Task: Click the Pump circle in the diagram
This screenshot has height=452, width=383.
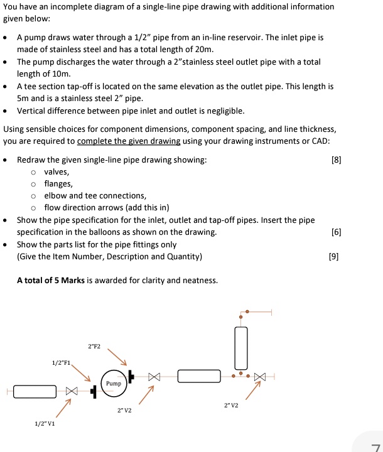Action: pos(114,383)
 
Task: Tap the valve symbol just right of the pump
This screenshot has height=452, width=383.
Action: pos(154,377)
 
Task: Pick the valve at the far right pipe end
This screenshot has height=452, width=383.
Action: pos(260,377)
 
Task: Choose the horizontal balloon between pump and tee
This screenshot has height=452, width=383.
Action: pos(199,376)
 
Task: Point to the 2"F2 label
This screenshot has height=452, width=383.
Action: pos(94,346)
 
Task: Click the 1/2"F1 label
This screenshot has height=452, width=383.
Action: pos(62,363)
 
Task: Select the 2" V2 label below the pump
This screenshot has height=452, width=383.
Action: pos(124,411)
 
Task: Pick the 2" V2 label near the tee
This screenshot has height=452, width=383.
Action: pos(230,405)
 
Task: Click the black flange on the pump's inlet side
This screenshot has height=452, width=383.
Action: pos(94,391)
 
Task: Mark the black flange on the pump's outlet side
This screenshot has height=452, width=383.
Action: pos(131,377)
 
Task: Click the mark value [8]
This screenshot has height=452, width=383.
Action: pos(336,159)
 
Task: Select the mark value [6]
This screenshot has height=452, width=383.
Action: pos(336,232)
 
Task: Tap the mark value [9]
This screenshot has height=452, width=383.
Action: pos(333,256)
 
